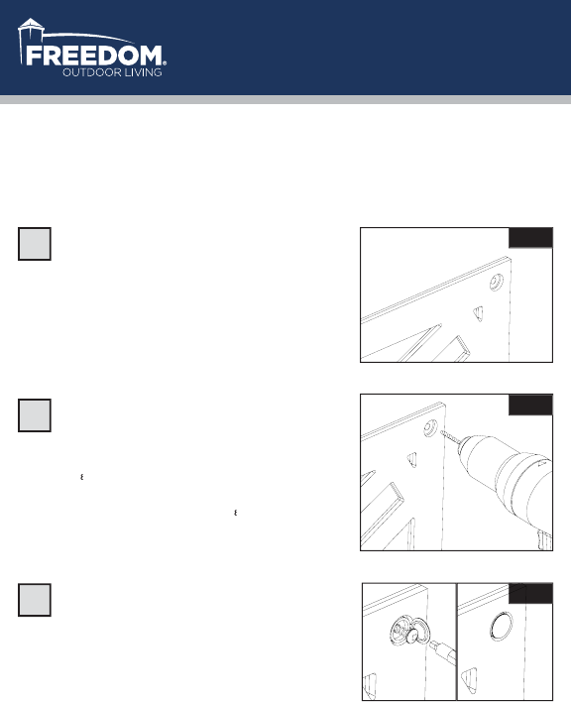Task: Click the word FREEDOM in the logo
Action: (94, 56)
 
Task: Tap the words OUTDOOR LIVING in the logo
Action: (112, 72)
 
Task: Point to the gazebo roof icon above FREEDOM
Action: (31, 24)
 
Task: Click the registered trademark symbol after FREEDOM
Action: (165, 63)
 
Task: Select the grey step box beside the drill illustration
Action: (35, 415)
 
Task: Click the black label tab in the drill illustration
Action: (530, 405)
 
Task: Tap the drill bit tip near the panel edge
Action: (442, 432)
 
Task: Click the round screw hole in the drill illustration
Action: (431, 428)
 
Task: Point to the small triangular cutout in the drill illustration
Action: (412, 459)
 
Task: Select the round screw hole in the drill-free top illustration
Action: (496, 282)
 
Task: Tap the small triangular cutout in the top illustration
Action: (479, 313)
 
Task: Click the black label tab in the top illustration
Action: (530, 238)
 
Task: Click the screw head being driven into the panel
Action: (412, 636)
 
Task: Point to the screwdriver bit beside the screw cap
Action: (442, 651)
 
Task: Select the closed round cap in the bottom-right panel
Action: (502, 626)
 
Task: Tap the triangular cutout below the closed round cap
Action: (469, 679)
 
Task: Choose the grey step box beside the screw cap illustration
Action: (35, 600)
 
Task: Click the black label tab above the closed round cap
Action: (530, 593)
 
